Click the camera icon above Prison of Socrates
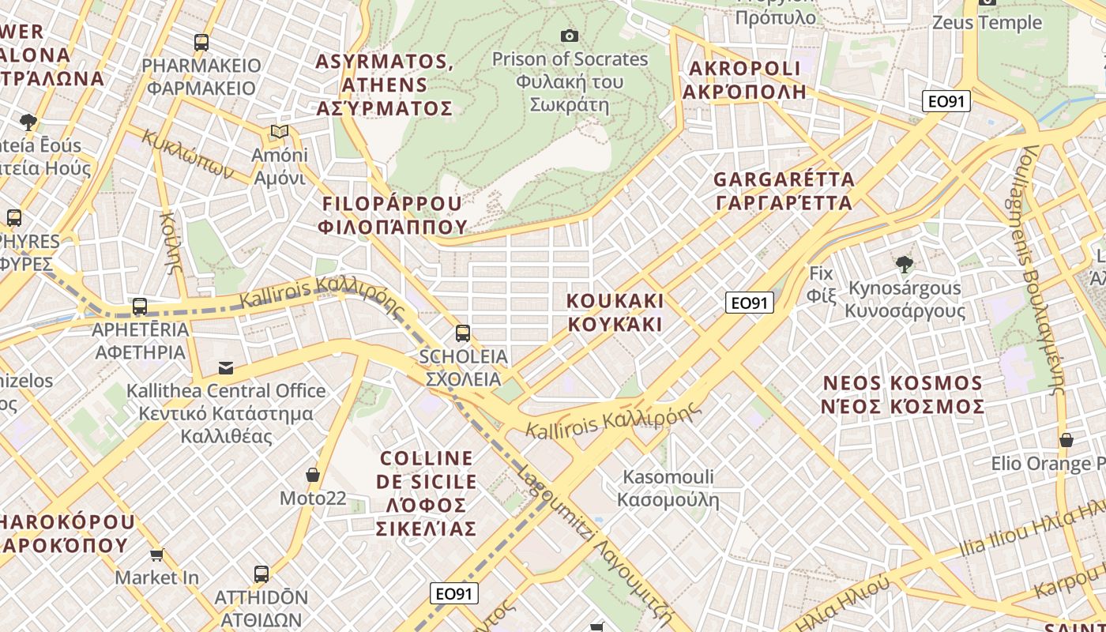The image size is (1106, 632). coord(569,36)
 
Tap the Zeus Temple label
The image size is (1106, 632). coord(987,22)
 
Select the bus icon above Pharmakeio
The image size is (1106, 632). coord(201,43)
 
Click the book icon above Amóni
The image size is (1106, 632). coord(279,132)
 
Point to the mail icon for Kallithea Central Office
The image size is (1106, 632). coord(226,367)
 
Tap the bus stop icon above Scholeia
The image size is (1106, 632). coord(463,333)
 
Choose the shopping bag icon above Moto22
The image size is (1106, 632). coord(313,475)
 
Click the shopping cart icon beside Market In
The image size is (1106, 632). coord(157,555)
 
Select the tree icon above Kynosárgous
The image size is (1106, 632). coord(905,265)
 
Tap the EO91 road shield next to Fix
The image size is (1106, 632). coord(749,303)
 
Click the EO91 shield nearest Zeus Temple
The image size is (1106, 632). coord(946,101)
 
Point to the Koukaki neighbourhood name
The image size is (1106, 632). coord(615,313)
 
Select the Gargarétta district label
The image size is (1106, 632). coord(784,191)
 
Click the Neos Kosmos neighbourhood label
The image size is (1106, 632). coord(904,395)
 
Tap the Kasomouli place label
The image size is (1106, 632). coord(668,488)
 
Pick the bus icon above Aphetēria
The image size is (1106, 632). coord(140,307)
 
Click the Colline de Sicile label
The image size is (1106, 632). coord(427,493)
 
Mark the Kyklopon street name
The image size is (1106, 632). coord(188,153)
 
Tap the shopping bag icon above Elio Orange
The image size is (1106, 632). coord(1066,440)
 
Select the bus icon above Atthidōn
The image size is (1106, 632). coord(261,574)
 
